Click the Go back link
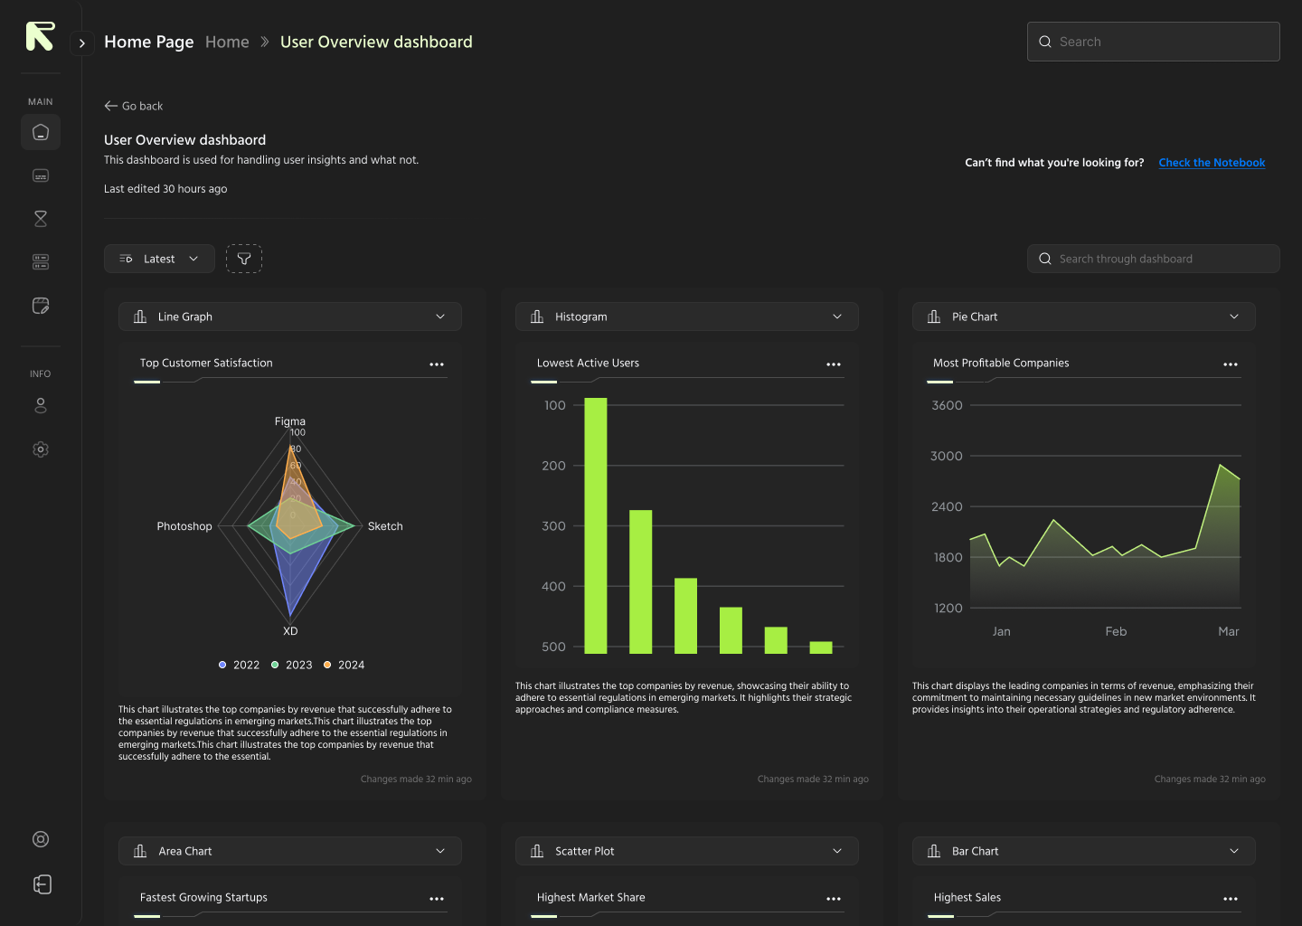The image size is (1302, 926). (x=134, y=106)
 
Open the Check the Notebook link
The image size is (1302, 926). (x=1212, y=163)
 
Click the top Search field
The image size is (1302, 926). (x=1153, y=42)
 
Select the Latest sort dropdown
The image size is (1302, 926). (x=159, y=259)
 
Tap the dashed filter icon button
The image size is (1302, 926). (x=244, y=259)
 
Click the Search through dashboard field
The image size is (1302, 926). (x=1153, y=259)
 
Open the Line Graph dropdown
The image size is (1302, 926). (x=289, y=317)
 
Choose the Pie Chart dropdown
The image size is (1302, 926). (x=1083, y=317)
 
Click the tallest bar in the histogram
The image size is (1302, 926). (x=596, y=524)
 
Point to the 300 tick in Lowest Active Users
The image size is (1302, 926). (x=553, y=526)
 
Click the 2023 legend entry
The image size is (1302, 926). (x=292, y=665)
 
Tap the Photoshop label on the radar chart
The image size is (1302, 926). (x=184, y=526)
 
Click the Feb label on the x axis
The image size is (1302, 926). (x=1116, y=631)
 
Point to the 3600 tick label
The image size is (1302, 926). (x=947, y=405)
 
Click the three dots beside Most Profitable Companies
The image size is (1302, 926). (x=1231, y=364)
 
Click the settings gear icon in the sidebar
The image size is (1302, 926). (x=41, y=449)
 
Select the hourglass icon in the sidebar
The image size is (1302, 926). (x=41, y=219)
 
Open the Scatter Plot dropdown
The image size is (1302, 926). (x=686, y=851)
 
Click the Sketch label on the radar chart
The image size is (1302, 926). (x=385, y=526)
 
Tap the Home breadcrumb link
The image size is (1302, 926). (x=227, y=42)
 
